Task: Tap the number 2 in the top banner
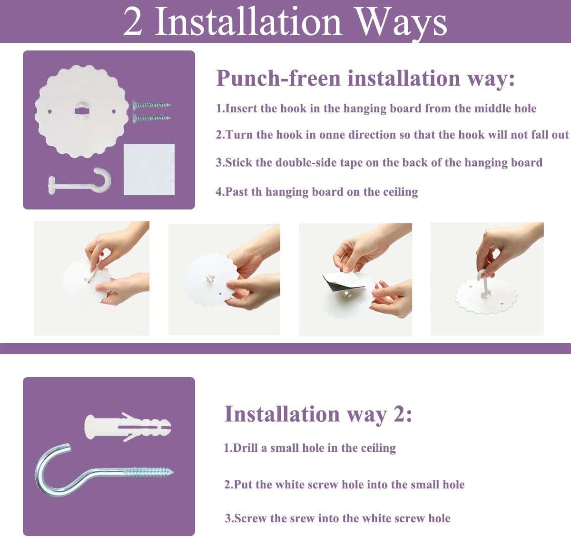(x=133, y=21)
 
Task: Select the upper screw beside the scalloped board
(x=151, y=105)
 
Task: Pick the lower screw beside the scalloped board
(x=151, y=118)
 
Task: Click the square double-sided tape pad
(x=149, y=169)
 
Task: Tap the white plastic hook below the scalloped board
(x=79, y=181)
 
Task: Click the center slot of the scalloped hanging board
(x=82, y=111)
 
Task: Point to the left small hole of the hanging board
(x=50, y=111)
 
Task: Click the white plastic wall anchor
(x=128, y=427)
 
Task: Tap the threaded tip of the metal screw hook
(x=169, y=472)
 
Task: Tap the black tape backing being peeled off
(x=342, y=283)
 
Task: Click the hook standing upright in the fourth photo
(x=484, y=283)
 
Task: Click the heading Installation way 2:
(x=318, y=414)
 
